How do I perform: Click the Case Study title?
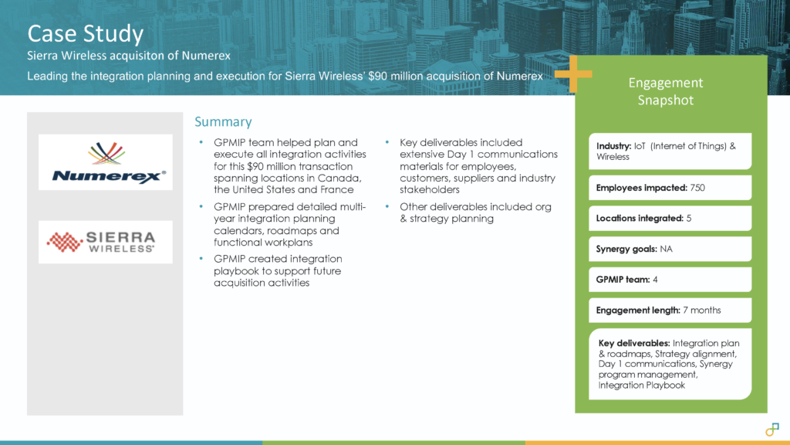click(x=85, y=33)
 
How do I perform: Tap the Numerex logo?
click(x=106, y=162)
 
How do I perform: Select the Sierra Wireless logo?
click(x=106, y=242)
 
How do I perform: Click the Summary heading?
click(x=222, y=122)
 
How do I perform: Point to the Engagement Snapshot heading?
click(x=665, y=91)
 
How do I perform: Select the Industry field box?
click(x=669, y=151)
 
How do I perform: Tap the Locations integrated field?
click(x=669, y=219)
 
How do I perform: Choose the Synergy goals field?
click(x=669, y=249)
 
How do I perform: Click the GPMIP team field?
click(x=669, y=280)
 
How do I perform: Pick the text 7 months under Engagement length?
click(x=702, y=310)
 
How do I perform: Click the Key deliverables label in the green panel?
click(x=633, y=342)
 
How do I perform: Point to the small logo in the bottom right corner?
click(x=771, y=429)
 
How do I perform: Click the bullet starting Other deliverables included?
click(x=475, y=212)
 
